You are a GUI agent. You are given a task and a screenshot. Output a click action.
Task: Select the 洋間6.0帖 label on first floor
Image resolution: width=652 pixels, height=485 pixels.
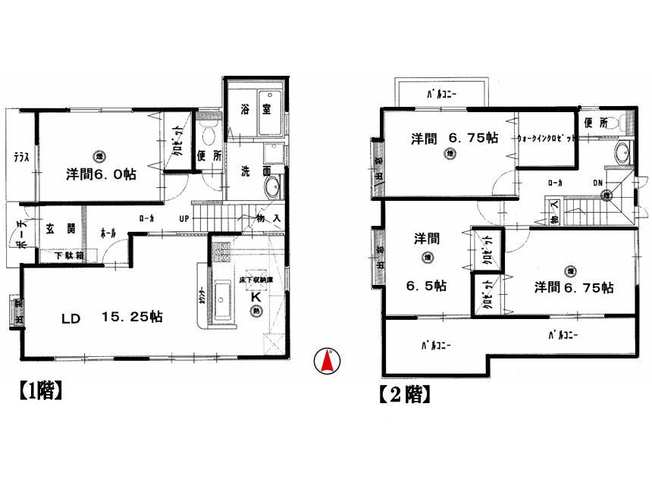coord(101,174)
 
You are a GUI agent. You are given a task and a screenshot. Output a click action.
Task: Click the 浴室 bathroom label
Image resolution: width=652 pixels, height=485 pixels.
coord(253,109)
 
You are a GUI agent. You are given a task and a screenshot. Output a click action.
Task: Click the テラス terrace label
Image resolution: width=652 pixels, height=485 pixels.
coord(20,158)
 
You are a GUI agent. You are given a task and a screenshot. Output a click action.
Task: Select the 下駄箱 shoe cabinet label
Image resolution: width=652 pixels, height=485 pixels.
coord(68,256)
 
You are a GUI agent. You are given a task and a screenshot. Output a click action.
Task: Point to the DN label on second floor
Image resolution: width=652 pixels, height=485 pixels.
coord(598,183)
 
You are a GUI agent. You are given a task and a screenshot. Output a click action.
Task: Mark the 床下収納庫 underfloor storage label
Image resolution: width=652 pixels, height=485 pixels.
coord(256,280)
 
